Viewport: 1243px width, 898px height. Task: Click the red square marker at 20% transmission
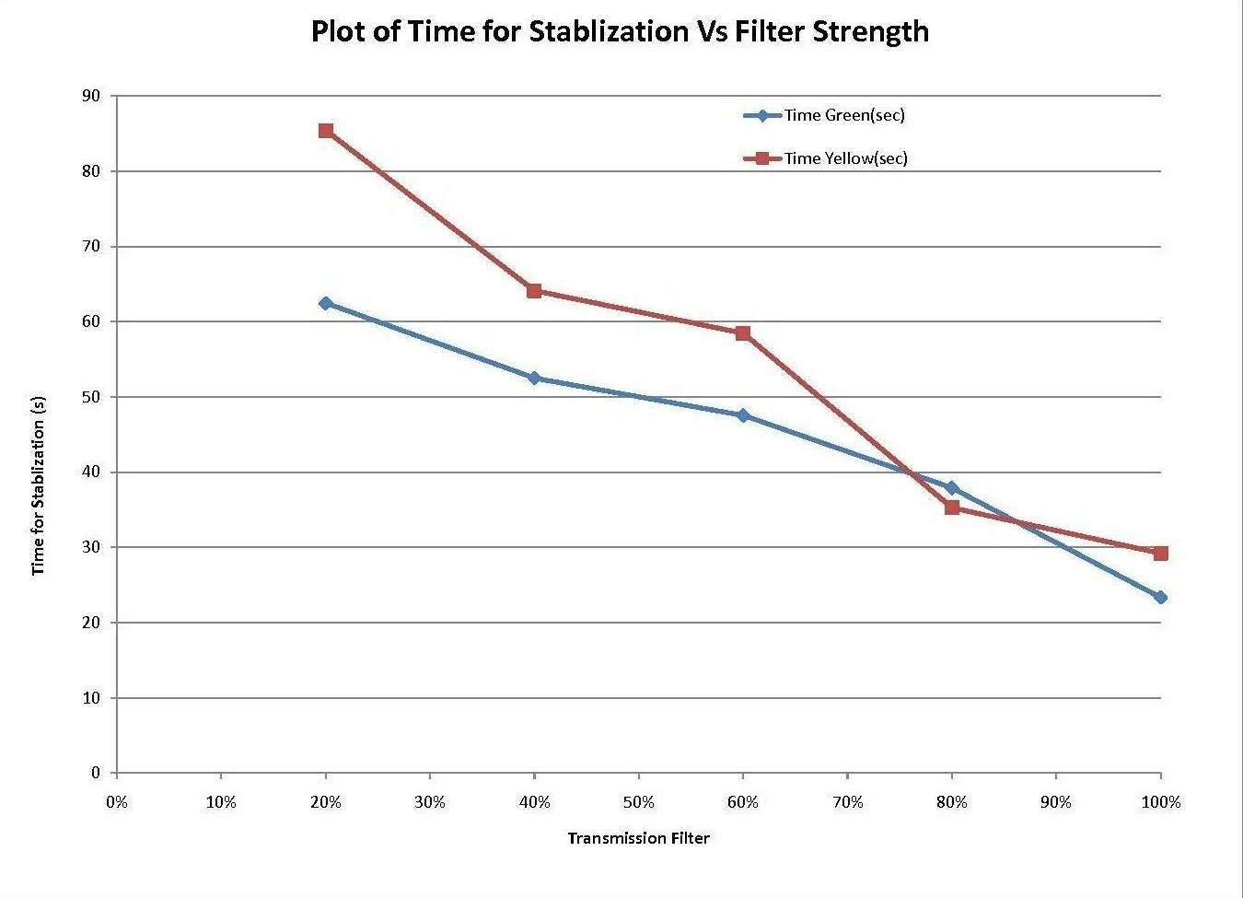click(x=326, y=131)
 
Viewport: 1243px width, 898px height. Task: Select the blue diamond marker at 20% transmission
click(x=326, y=303)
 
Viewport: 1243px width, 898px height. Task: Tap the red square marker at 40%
click(x=534, y=291)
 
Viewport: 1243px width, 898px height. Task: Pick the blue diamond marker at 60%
click(x=743, y=415)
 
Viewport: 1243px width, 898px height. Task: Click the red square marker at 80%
click(x=952, y=507)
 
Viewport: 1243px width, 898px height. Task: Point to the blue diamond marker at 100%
click(x=1160, y=598)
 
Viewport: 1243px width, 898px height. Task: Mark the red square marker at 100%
click(x=1160, y=554)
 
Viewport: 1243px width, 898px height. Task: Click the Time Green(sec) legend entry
click(x=843, y=115)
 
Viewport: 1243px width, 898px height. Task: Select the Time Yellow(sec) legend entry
click(x=845, y=158)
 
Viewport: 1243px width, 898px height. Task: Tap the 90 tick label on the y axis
click(x=93, y=96)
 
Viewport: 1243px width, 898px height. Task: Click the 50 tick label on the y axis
click(x=93, y=397)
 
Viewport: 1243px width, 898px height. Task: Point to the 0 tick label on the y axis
click(x=96, y=773)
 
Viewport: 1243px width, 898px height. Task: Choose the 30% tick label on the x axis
click(x=430, y=802)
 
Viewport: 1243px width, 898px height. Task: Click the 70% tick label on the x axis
click(x=847, y=802)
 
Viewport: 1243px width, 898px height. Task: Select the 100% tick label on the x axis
click(x=1160, y=802)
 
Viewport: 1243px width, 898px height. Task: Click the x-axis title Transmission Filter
click(x=638, y=838)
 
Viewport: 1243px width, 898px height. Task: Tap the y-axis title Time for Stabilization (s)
click(x=39, y=485)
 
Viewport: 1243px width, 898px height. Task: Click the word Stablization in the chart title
click(x=607, y=31)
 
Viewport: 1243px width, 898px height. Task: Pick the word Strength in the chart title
click(x=870, y=31)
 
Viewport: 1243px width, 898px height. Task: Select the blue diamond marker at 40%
click(x=534, y=379)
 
